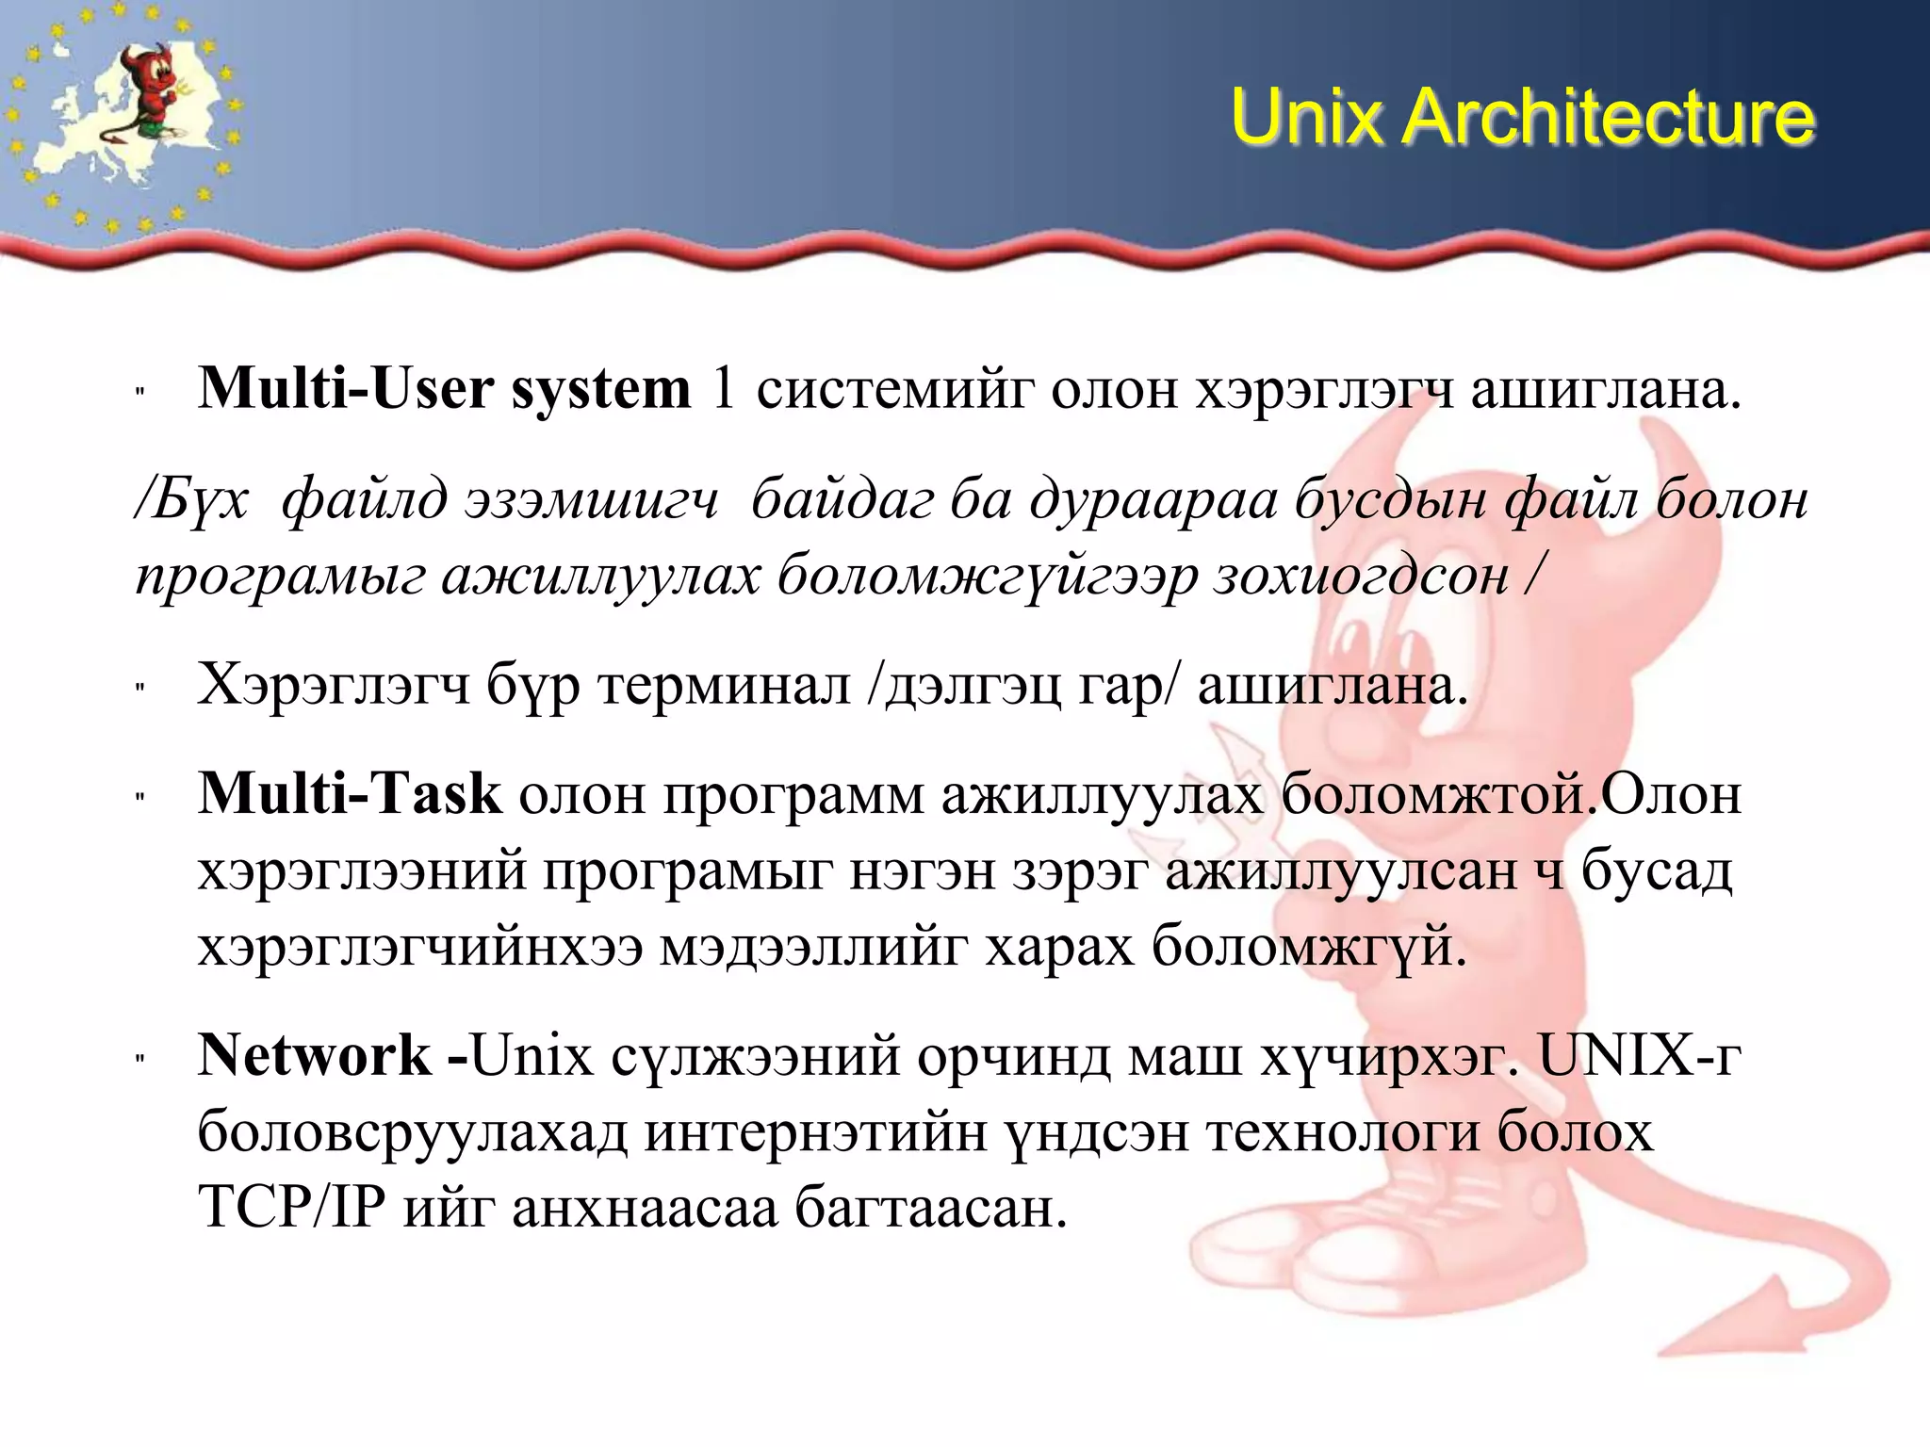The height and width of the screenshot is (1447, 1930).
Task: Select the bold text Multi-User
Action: [345, 388]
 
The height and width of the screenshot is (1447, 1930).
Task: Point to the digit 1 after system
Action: [723, 388]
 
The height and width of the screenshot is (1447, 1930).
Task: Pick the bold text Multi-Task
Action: [349, 793]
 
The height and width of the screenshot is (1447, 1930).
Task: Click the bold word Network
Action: [315, 1055]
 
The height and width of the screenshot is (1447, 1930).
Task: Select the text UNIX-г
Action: [1640, 1055]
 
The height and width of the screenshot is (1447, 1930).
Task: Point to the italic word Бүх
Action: [193, 499]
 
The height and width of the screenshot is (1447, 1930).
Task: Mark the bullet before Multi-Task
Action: [140, 797]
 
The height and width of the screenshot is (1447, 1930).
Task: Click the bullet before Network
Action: [140, 1059]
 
